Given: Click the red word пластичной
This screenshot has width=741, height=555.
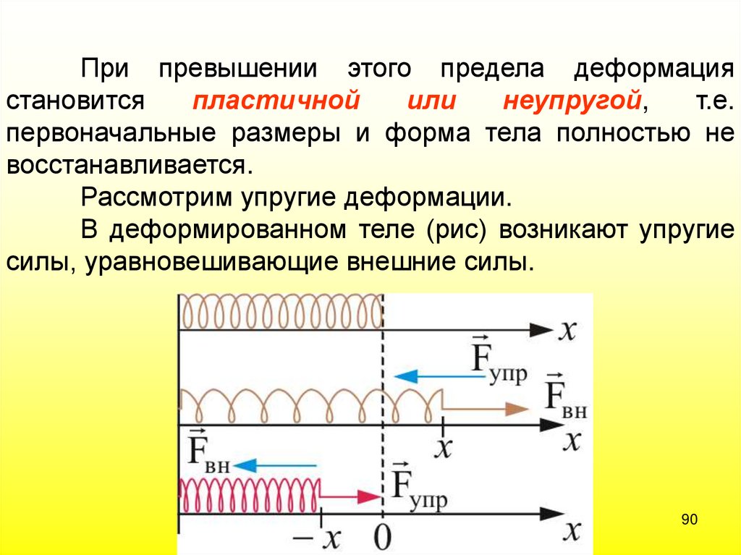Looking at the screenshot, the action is point(276,101).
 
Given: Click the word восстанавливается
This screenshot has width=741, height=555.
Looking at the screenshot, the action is point(130,165).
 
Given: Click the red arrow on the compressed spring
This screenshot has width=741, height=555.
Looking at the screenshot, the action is point(351,496).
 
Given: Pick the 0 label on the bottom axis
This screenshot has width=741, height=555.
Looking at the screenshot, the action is point(383,537).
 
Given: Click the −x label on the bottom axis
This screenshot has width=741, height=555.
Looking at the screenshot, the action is point(323,537).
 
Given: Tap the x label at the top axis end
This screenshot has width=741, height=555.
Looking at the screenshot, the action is point(568,330).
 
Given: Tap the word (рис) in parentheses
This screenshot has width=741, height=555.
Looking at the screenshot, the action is point(451,229).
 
